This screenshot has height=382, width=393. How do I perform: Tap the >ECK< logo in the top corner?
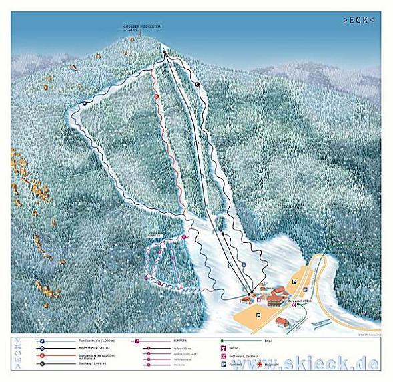(358, 20)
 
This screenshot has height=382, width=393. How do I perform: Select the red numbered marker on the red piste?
(157, 96)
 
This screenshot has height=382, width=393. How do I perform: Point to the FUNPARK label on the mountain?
(156, 236)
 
